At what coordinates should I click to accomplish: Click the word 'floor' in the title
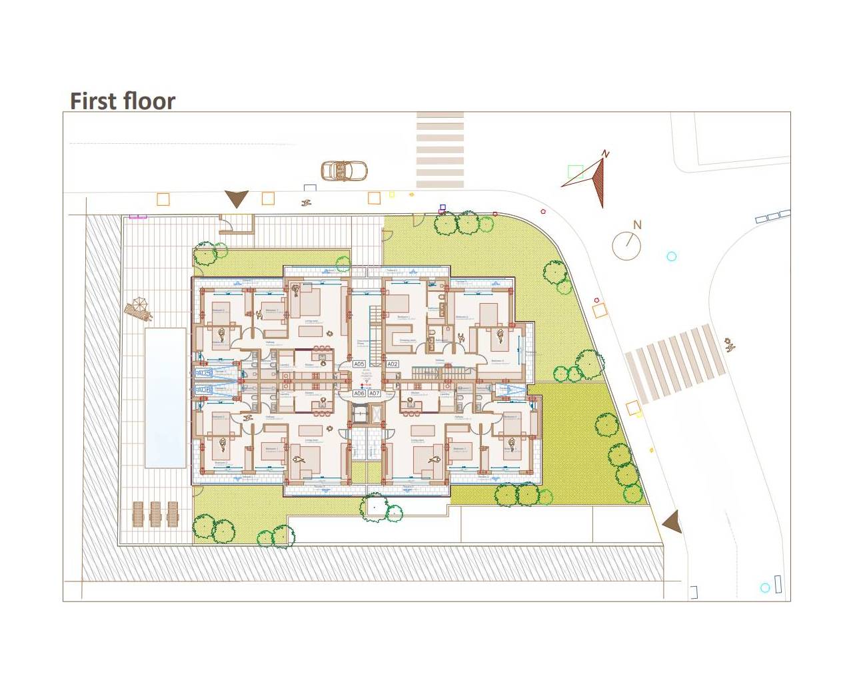148,101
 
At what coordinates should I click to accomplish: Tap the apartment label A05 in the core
359,364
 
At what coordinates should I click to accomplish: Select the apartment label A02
393,364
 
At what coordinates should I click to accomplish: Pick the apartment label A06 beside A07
359,394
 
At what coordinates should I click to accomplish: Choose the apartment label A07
375,394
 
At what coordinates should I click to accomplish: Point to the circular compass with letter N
626,246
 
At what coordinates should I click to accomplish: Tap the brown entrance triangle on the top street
236,198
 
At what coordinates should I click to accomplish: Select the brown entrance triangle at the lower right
672,521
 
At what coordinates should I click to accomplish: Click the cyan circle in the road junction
671,256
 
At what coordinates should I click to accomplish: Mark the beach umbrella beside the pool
139,308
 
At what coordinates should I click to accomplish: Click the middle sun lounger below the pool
155,513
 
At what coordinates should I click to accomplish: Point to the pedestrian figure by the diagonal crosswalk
730,344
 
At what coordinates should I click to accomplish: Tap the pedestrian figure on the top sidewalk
307,202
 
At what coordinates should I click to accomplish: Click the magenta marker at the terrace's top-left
138,216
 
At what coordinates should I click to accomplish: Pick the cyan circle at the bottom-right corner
765,587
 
